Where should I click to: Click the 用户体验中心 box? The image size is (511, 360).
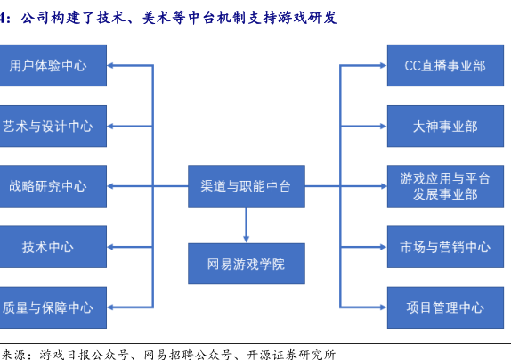pos(53,66)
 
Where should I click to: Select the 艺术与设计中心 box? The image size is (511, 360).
pos(53,127)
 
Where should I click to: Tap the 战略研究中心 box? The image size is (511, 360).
pos(53,186)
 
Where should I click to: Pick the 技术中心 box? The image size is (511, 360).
pos(53,247)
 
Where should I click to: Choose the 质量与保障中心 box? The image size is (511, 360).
pos(53,307)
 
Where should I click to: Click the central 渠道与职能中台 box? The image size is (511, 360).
pos(247,186)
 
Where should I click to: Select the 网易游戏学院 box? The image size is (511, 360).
pos(247,264)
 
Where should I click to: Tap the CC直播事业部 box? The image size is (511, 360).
pos(445,66)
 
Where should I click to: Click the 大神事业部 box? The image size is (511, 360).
pos(445,127)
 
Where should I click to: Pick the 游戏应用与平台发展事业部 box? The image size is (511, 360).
pos(445,186)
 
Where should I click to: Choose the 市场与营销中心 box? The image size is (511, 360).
pos(445,247)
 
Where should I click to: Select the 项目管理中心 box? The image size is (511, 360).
pos(445,307)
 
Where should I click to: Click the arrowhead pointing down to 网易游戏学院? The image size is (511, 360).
pos(247,239)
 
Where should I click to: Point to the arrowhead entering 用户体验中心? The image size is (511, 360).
pos(110,66)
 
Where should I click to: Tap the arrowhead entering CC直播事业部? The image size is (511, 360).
pos(384,66)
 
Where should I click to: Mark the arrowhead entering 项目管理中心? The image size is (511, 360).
pos(384,307)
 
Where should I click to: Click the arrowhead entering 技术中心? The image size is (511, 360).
pos(110,247)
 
